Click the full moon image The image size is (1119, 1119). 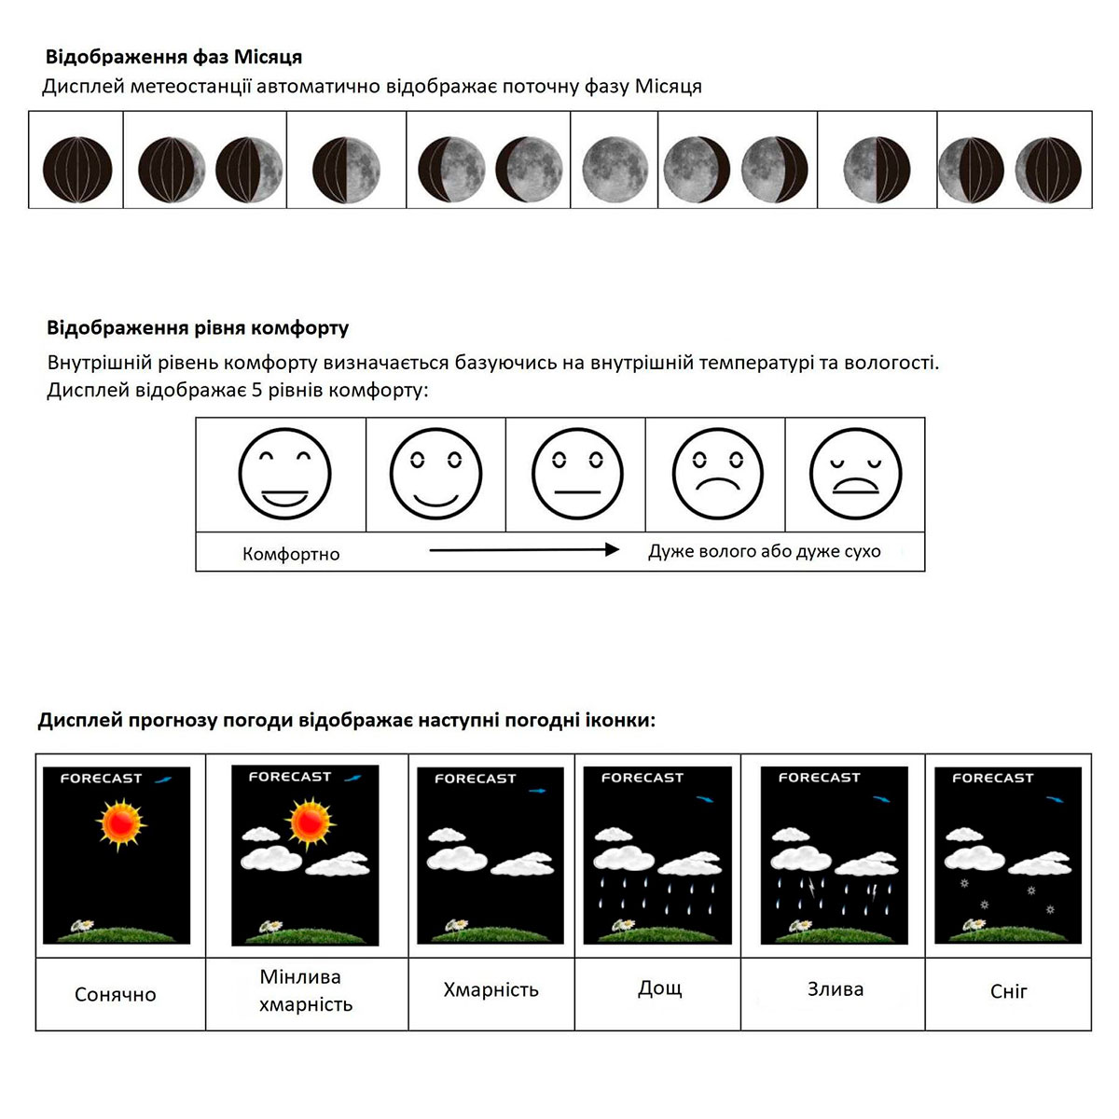coord(615,170)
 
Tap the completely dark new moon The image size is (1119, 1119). coord(77,170)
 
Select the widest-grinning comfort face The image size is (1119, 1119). coord(284,474)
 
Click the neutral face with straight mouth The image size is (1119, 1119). coord(577,474)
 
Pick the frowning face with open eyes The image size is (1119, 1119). coord(717,474)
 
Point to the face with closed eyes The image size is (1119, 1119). coord(855,474)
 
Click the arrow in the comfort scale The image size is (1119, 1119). coord(524,550)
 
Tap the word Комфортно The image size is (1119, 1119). coord(291,554)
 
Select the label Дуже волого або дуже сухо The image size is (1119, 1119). coord(764,551)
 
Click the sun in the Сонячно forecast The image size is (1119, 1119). coord(120,823)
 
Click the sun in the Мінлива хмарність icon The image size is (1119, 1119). coord(310,822)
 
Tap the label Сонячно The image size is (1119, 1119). coord(116,994)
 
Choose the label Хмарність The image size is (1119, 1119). coord(490,989)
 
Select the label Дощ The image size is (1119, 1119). coord(659,988)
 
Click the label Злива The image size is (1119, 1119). coord(835,988)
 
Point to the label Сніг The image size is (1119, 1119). coord(1008,991)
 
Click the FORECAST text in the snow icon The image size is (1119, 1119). coord(992,777)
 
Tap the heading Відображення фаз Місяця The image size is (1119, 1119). coord(173,57)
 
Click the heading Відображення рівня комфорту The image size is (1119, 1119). coord(198,328)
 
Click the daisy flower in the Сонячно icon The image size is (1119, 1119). coord(82,925)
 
